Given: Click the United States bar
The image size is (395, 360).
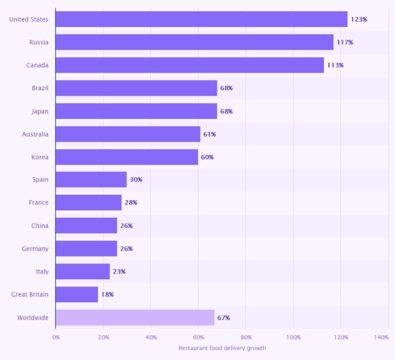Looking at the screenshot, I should pos(201,19).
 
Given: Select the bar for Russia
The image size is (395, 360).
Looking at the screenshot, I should pos(195,42).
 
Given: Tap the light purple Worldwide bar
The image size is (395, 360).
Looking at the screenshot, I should pos(135,318).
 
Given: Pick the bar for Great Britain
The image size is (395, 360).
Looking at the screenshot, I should pos(77,294).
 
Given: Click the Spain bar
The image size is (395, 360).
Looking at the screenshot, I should pos(91,180).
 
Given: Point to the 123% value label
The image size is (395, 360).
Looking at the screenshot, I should pos(359,19).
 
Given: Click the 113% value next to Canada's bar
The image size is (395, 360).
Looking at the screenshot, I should pos(335,65).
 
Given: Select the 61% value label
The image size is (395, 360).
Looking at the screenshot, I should pos(209,134).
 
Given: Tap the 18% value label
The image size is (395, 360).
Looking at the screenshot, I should pos(107,294).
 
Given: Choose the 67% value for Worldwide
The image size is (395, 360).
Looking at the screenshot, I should pos(224,318).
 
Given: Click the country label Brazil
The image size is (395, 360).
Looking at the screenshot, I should pos(40,88).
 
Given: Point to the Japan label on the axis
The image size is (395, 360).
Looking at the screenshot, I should pos(40,111).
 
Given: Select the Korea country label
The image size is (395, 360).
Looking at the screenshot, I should pos(40,157).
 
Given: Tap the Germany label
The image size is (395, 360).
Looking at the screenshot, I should pos(35,249).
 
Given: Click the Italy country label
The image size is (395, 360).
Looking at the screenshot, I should pos(42,272).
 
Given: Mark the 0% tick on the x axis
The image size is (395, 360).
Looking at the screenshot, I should pos(56,337).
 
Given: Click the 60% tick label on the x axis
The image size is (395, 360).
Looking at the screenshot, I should pos(198,337).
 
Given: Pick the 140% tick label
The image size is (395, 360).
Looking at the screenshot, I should pos(381,337).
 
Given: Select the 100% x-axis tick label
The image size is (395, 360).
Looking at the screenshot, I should pos(293,337).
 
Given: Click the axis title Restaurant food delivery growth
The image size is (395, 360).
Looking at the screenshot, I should pos(222,348).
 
